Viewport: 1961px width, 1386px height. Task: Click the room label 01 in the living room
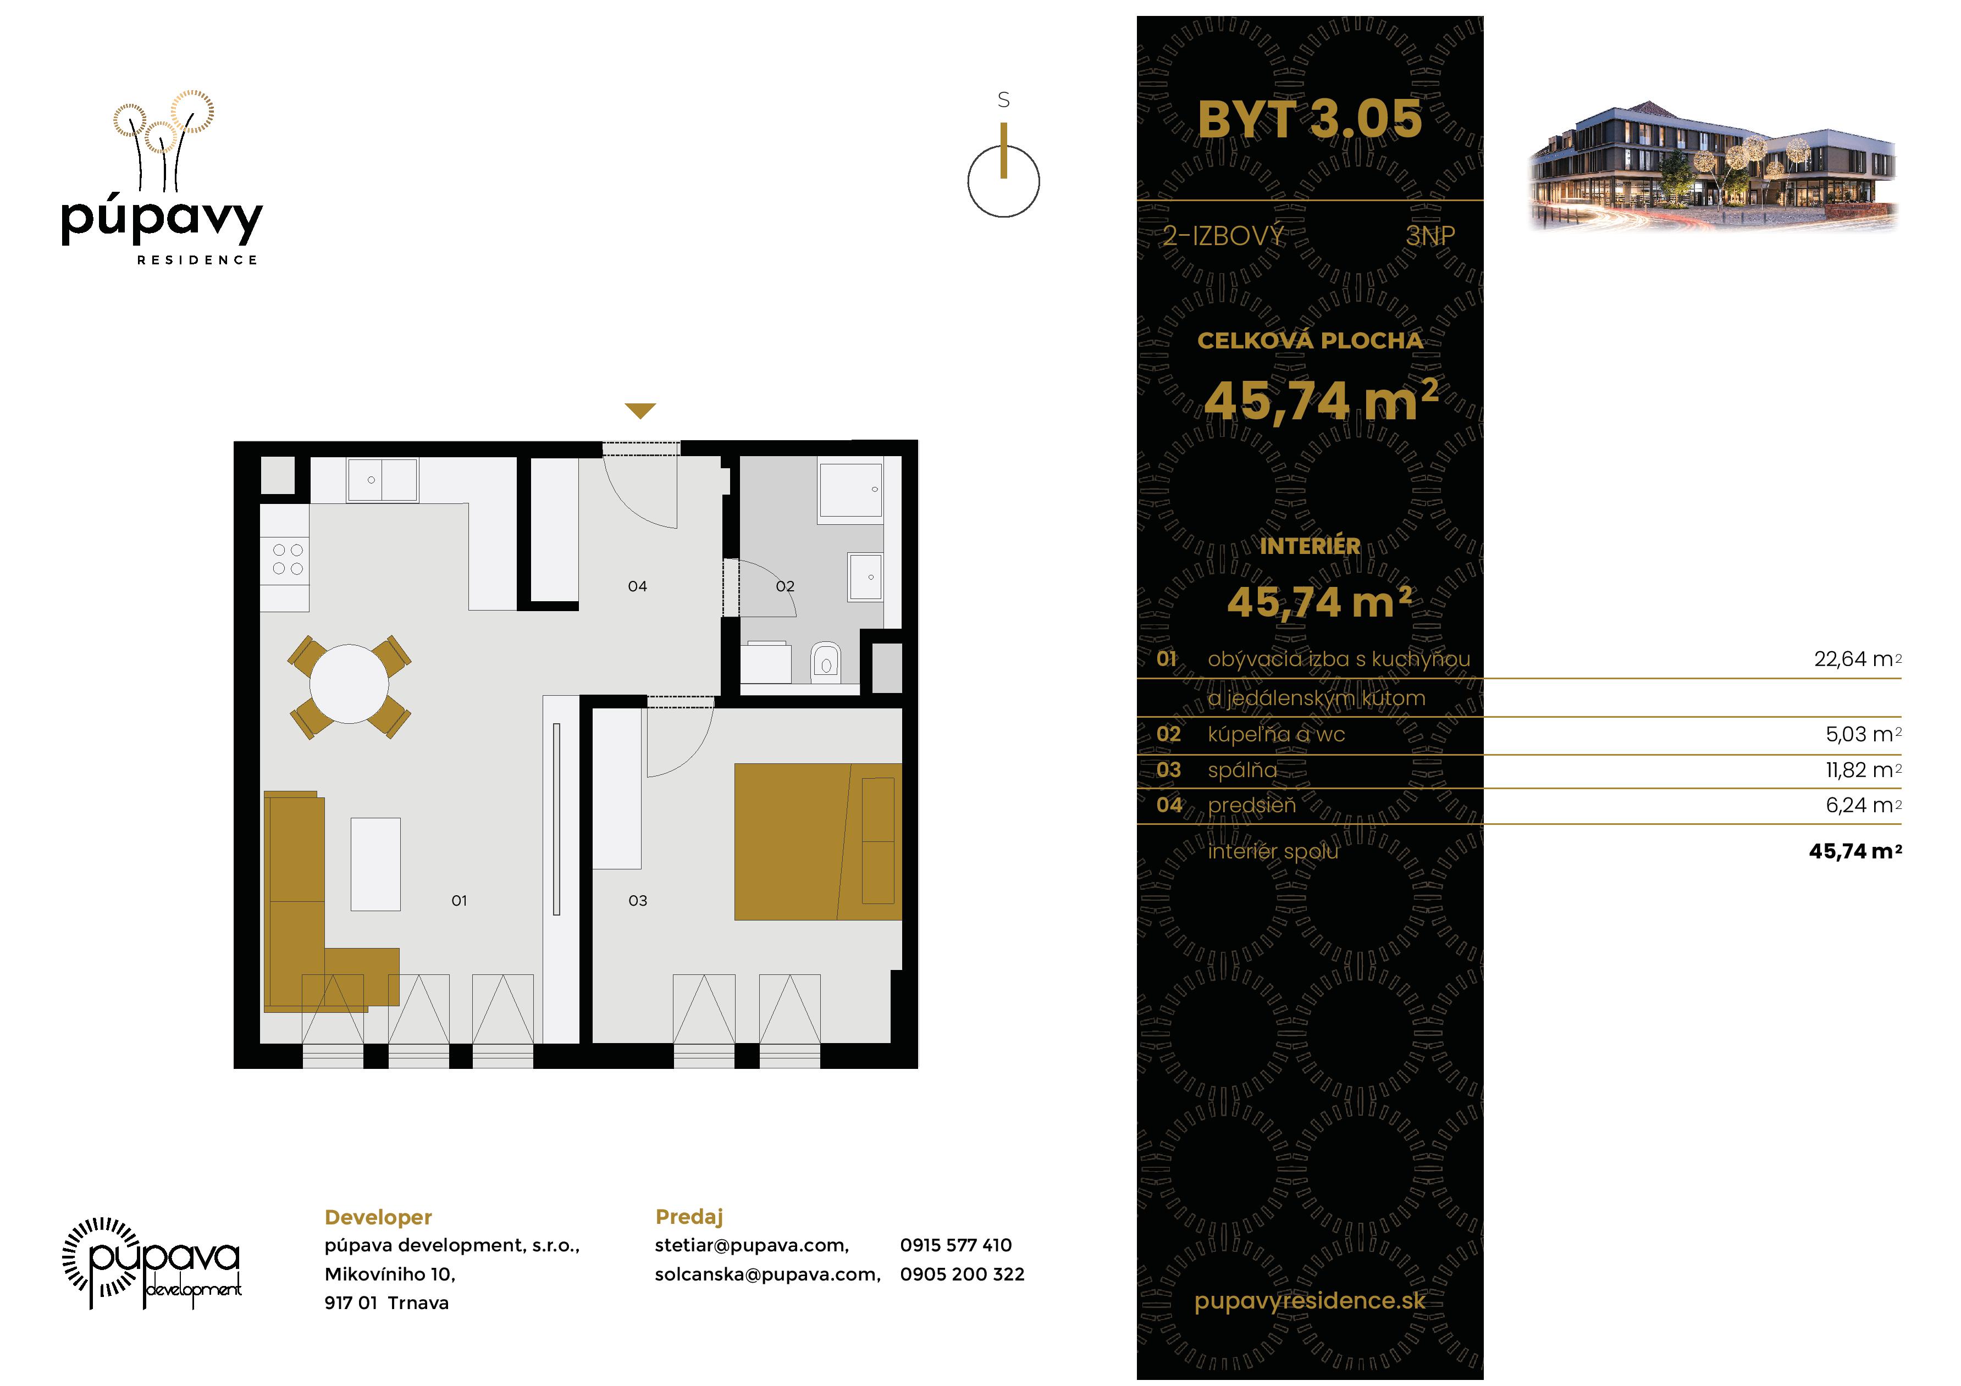(x=459, y=900)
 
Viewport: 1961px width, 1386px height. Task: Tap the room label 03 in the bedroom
(x=637, y=900)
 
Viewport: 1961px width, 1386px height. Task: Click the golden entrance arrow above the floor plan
(x=640, y=411)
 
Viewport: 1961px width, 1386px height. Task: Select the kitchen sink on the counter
(x=382, y=480)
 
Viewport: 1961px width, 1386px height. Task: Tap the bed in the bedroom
(x=817, y=841)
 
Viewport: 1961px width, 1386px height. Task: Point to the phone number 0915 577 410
(x=955, y=1245)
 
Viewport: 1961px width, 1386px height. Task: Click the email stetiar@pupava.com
(x=752, y=1245)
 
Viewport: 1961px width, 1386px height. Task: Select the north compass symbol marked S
(x=1003, y=171)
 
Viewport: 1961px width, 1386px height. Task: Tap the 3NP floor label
(x=1430, y=236)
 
